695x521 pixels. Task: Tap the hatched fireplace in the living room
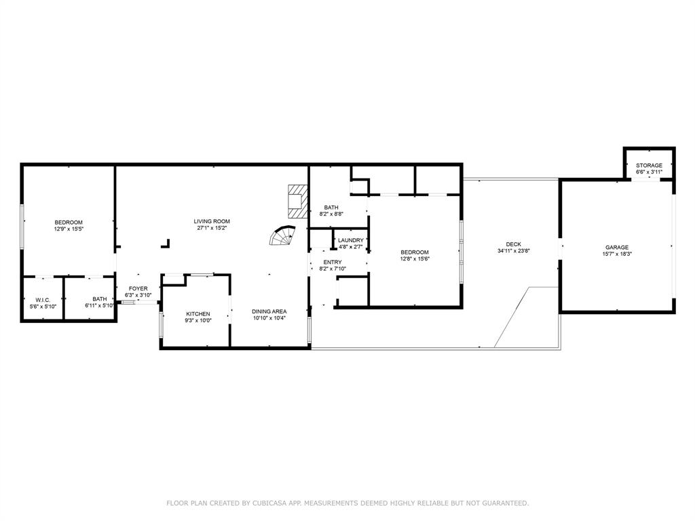298,201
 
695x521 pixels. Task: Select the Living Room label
212,222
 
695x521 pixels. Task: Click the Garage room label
617,248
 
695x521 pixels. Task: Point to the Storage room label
650,166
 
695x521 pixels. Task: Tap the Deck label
514,244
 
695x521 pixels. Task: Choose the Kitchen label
198,314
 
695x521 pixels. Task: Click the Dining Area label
269,311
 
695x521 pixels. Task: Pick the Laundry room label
351,241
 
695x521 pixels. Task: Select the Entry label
333,263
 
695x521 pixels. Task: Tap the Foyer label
138,289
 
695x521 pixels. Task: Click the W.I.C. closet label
43,300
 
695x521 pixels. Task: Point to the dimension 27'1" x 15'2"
212,228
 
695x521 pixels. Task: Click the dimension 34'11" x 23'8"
514,251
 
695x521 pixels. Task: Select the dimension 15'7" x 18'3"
617,254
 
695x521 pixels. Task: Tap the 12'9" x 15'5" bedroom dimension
69,229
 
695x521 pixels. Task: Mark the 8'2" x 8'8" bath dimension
331,214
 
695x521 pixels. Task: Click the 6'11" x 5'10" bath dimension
100,306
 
